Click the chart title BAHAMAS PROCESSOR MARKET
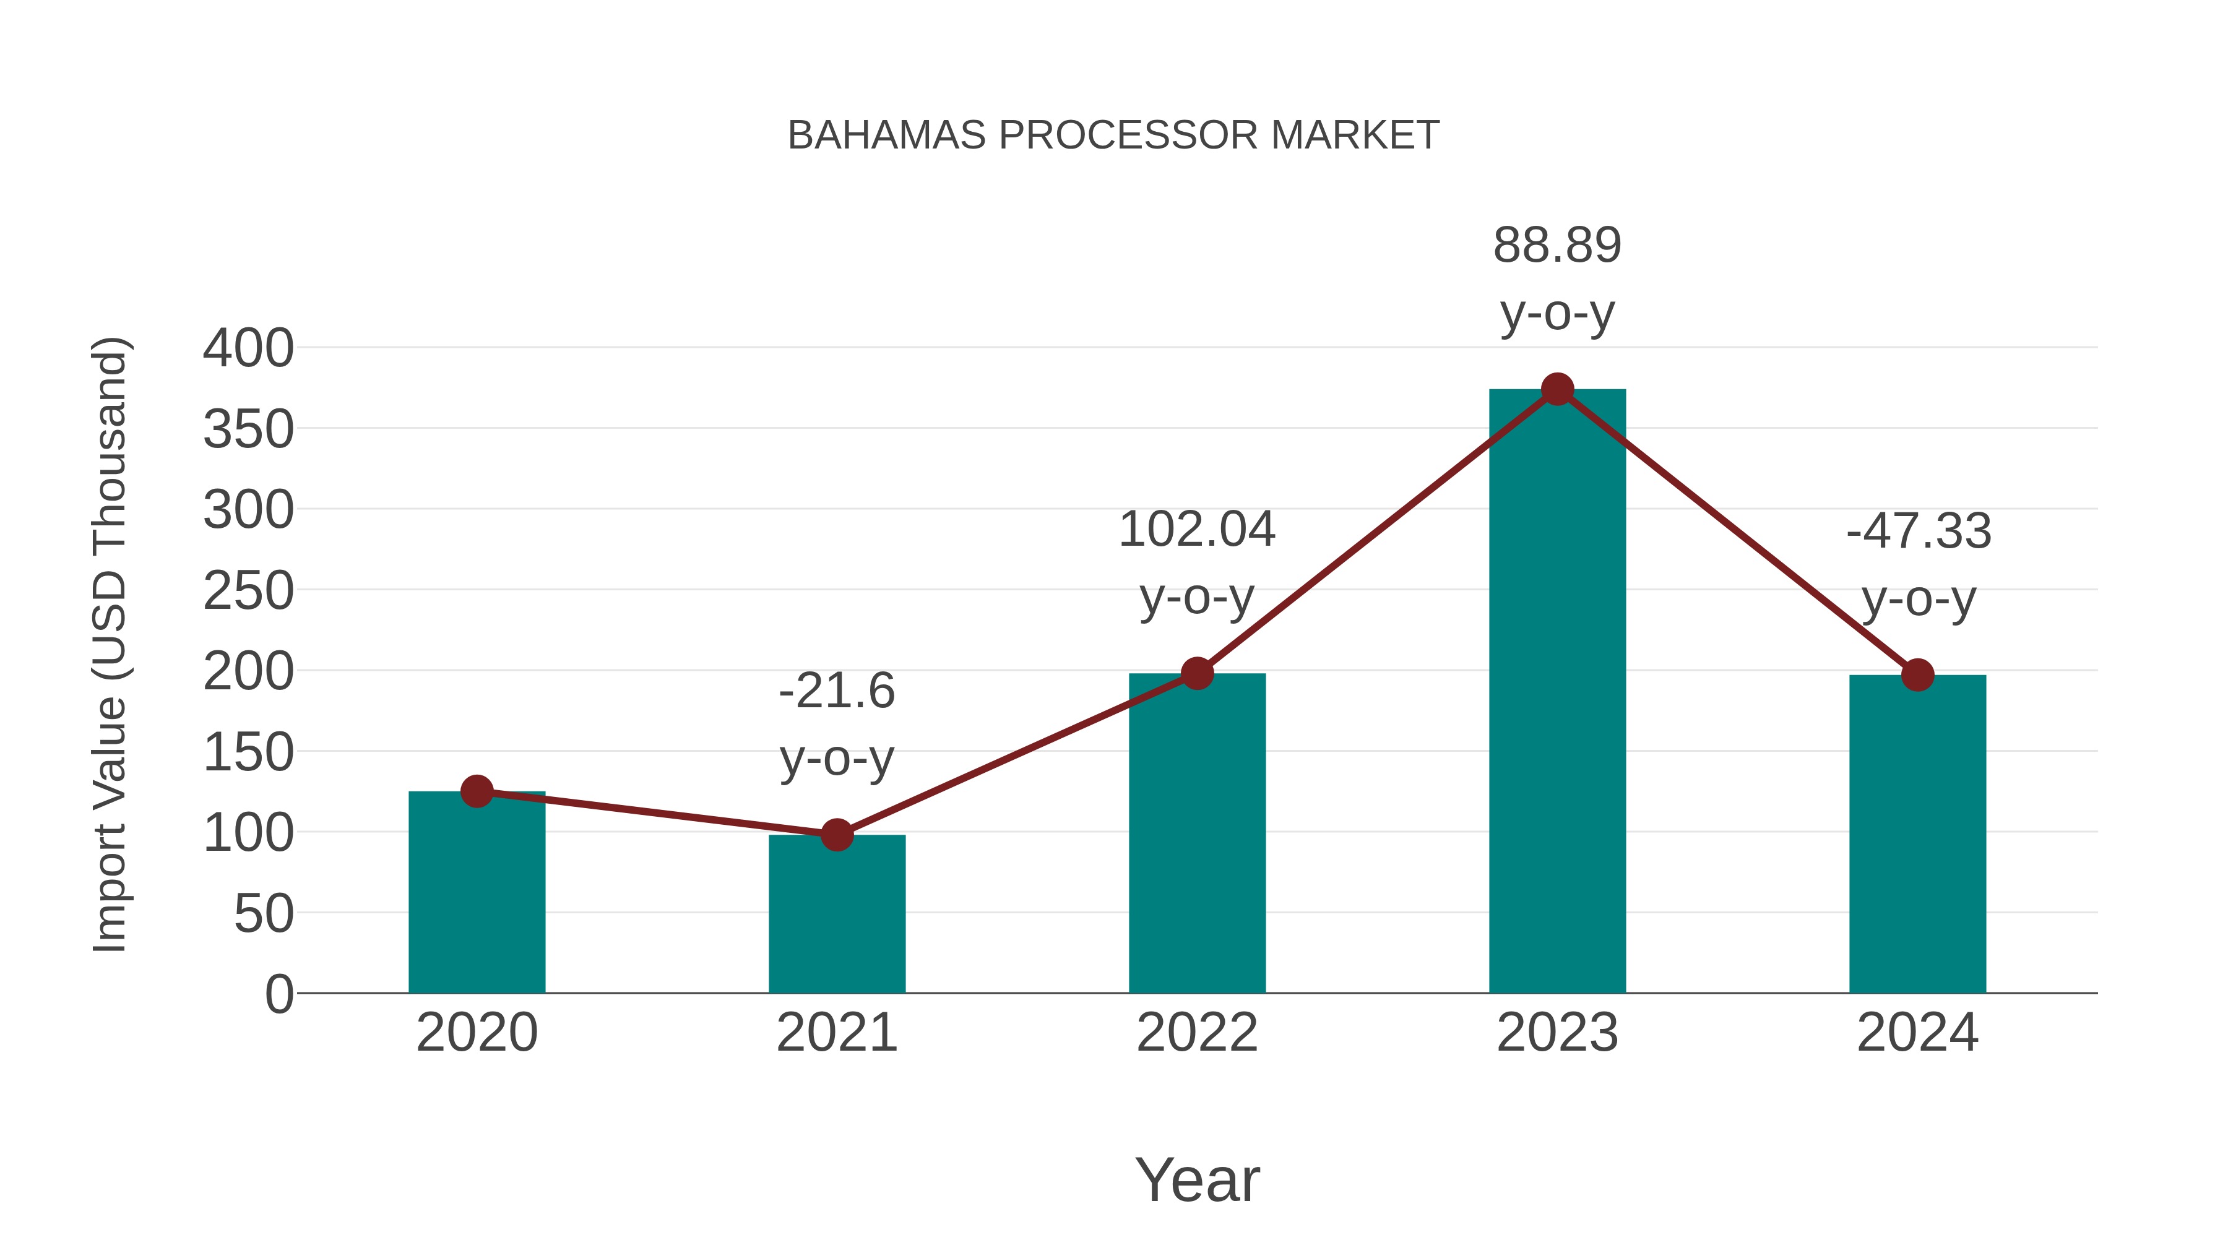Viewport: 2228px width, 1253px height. pos(1113,136)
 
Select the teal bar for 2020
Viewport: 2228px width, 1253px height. pos(477,895)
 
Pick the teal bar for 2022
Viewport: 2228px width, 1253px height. pos(1197,835)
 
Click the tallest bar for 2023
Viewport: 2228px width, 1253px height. pos(1557,692)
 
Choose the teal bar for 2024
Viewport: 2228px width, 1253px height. pos(1917,835)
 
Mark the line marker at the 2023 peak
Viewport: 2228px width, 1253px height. pos(1557,389)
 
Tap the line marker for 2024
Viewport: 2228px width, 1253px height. pos(1917,674)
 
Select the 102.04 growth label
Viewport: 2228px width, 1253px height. pos(1197,530)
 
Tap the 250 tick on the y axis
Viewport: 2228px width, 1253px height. pos(248,592)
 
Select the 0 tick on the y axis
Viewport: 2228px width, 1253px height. pos(278,994)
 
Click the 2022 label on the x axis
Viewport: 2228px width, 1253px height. pos(1197,1033)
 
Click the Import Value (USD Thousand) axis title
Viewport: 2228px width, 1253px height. pos(111,644)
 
